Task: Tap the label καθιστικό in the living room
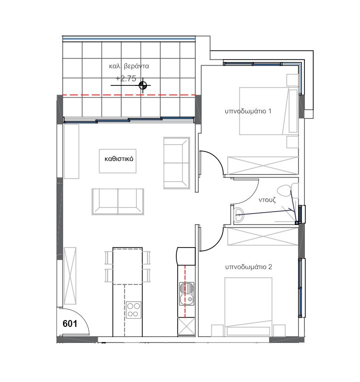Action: pos(118,160)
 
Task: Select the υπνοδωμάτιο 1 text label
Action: pos(248,111)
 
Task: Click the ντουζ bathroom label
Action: pos(266,200)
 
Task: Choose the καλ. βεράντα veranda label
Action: pos(129,66)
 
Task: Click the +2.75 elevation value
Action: pos(126,79)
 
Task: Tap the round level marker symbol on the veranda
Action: pos(143,85)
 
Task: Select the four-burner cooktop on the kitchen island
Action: pos(133,309)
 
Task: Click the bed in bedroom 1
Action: pos(264,111)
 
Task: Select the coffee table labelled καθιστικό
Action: pos(118,161)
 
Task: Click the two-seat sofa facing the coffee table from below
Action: pos(118,201)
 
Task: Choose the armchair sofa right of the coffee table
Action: pos(176,163)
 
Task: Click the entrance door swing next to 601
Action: pos(76,319)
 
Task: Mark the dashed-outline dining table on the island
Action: pos(127,266)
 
